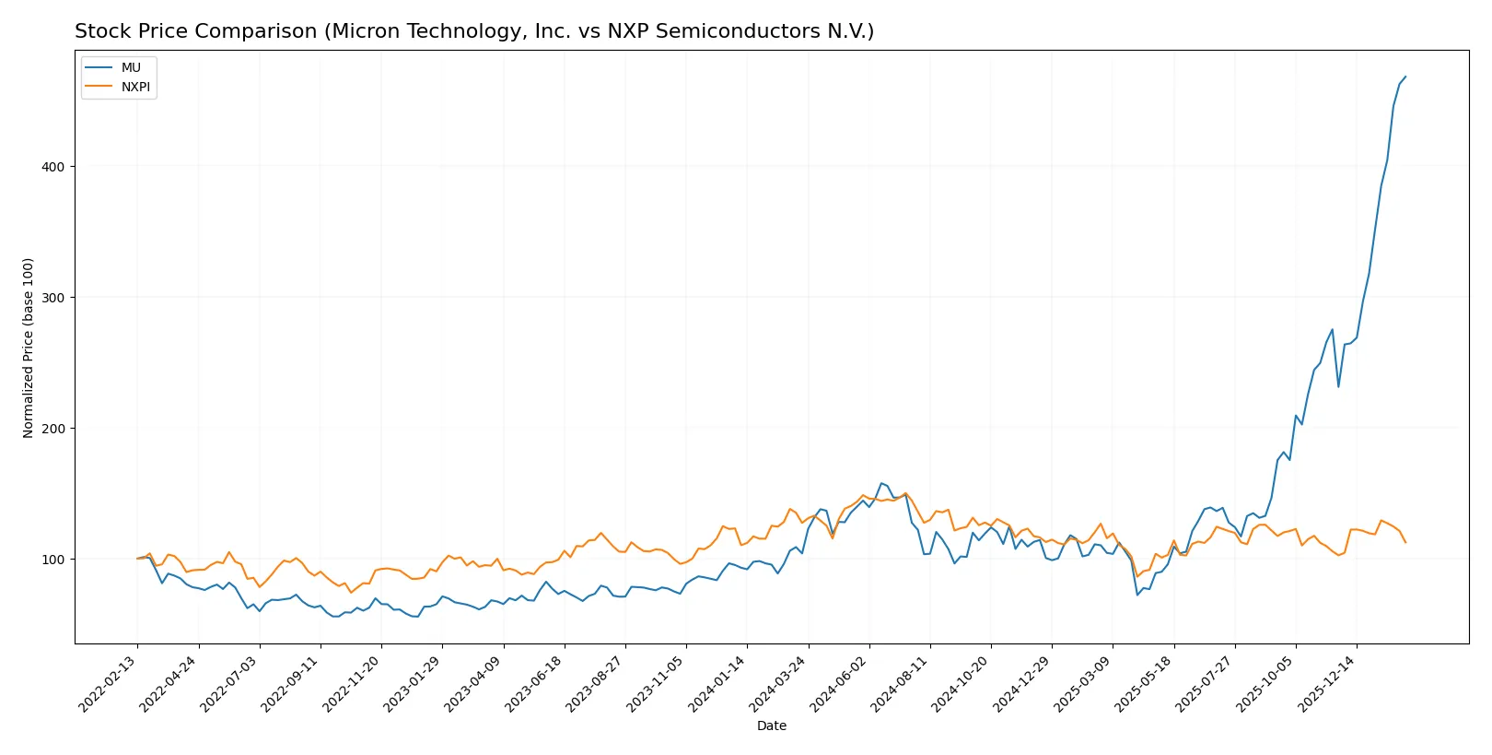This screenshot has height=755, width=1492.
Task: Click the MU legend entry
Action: coord(130,67)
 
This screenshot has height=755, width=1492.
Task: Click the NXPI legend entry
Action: coord(134,87)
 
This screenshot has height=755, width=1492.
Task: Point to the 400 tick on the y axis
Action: coord(52,167)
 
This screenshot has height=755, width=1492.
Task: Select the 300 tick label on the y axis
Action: coord(52,298)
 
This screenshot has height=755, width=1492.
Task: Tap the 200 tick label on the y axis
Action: coord(52,429)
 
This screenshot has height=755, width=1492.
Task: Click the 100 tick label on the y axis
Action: coord(52,560)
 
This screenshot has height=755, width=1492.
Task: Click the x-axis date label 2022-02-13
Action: coord(109,684)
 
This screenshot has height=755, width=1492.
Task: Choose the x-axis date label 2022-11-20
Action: coord(353,684)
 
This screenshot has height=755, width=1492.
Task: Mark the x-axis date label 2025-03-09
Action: coord(1084,684)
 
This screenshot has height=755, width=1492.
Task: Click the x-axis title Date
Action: coord(771,726)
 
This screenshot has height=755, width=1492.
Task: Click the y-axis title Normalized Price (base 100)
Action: coord(29,348)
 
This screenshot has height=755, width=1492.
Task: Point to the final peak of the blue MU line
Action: coord(1405,77)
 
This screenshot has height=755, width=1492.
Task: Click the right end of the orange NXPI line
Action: coord(1405,542)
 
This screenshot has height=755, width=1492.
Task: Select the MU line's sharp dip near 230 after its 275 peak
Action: coord(1338,386)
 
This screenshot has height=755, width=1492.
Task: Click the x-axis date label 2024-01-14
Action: coord(718,684)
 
